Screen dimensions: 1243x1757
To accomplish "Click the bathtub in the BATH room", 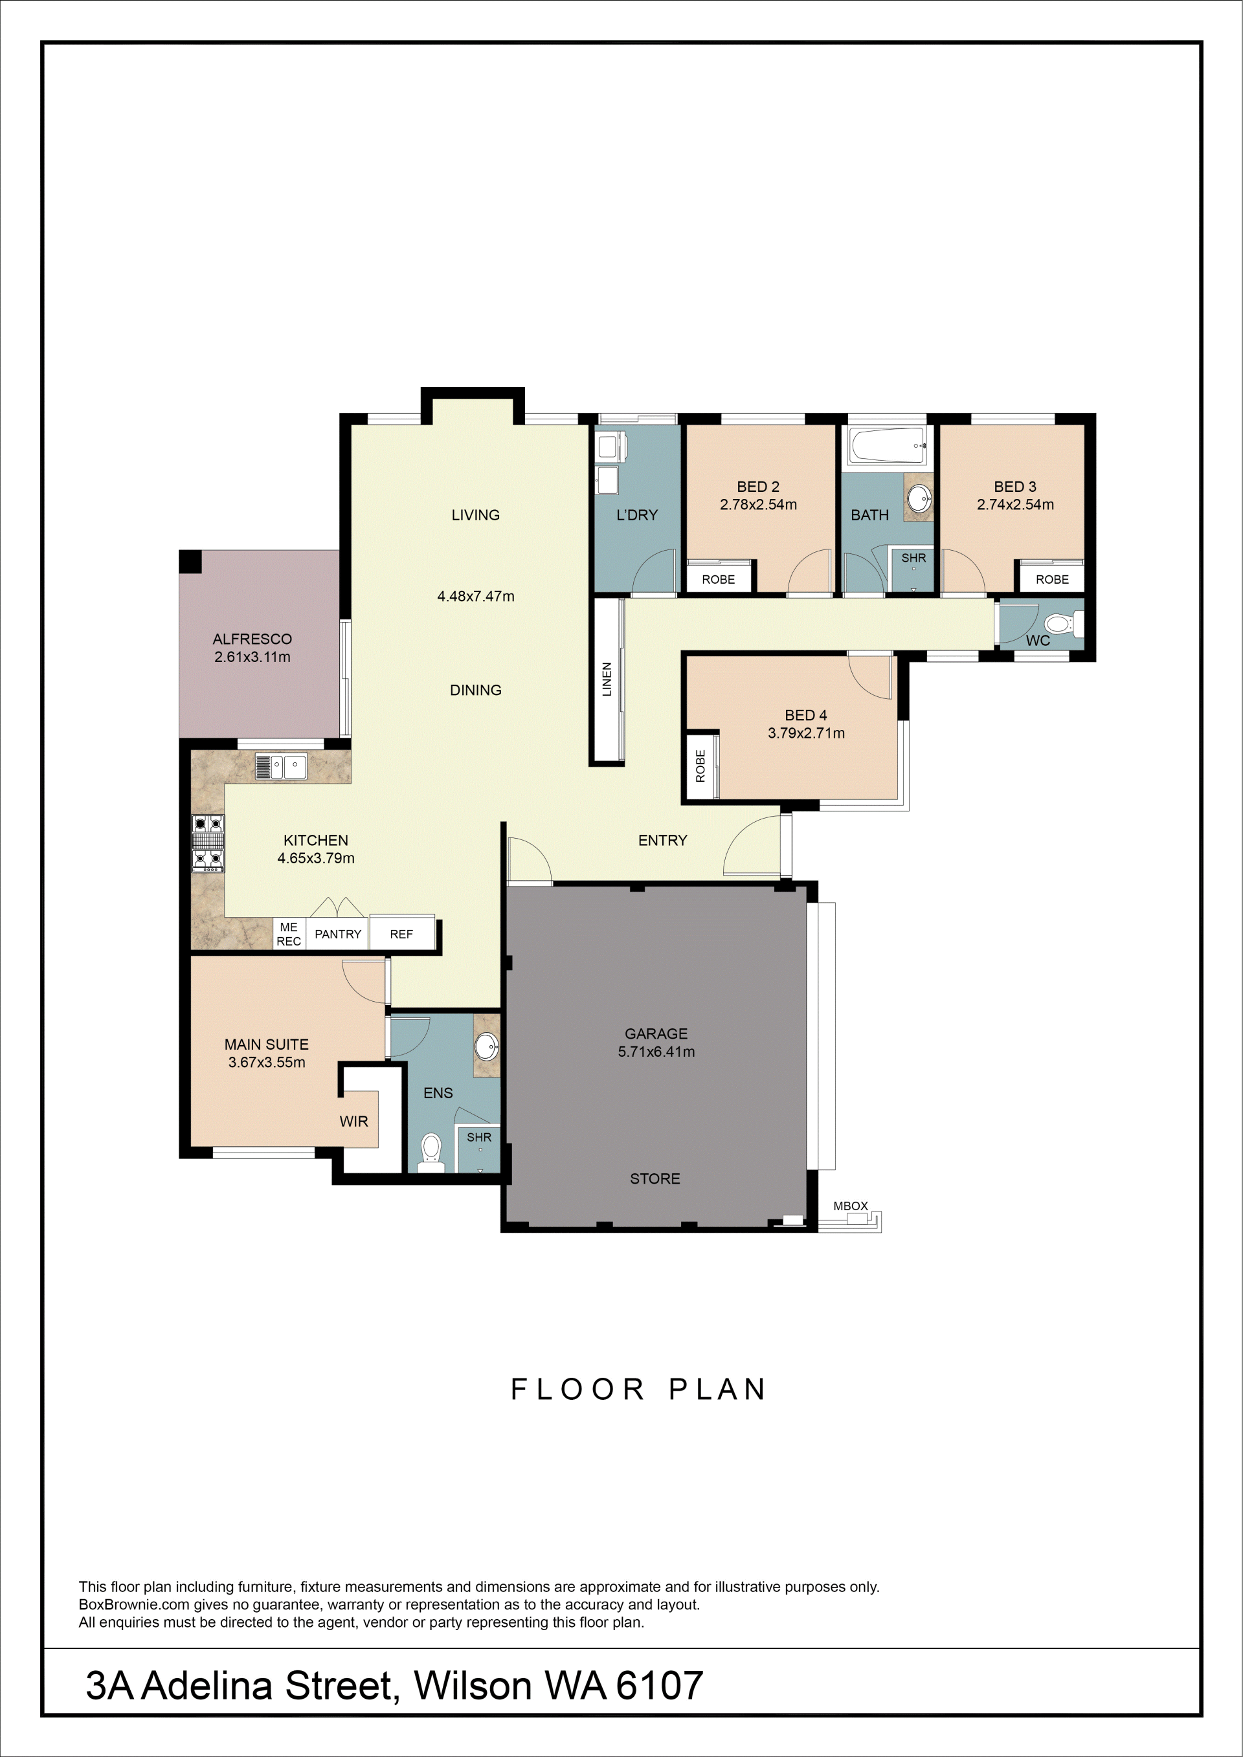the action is (887, 445).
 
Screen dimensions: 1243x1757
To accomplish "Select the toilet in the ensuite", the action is (432, 1153).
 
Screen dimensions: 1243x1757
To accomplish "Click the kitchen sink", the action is (281, 766).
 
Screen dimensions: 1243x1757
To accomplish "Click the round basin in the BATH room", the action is (919, 498).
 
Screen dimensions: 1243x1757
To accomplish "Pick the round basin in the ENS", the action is (487, 1045).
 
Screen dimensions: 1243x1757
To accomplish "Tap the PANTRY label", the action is (337, 934).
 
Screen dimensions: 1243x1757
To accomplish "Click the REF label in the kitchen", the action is (401, 934).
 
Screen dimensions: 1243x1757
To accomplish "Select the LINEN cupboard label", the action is (607, 679).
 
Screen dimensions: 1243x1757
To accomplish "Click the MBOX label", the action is (850, 1206).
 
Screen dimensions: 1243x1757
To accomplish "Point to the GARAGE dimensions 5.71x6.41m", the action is (656, 1052).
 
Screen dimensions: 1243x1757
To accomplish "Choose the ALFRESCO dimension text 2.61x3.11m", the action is (252, 657).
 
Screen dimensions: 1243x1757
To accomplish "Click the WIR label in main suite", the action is (353, 1121).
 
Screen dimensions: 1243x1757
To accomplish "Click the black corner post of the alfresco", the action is (190, 561).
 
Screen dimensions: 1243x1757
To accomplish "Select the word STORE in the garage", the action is (655, 1178).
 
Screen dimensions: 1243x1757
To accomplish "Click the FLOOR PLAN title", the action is (638, 1389).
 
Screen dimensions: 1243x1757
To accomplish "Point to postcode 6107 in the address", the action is (659, 1685).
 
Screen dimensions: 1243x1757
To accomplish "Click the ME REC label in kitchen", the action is (289, 934).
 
